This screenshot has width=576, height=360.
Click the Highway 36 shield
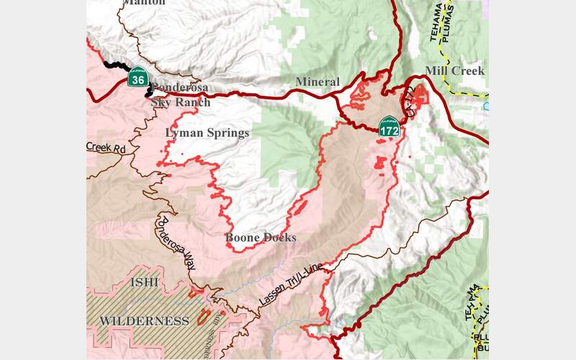pos(138,77)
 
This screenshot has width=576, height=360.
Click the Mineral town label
pos(318,82)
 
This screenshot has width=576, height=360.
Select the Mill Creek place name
pos(454,71)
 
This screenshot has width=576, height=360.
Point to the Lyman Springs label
pos(207,132)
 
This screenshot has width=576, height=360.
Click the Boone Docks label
pos(260,238)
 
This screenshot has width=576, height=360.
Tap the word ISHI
pos(143,283)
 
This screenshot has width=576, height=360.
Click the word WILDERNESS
pos(144,320)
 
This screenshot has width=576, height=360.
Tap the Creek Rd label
pos(105,148)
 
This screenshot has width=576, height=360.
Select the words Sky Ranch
pos(181,102)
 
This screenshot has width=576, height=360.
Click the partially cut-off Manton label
pos(144,3)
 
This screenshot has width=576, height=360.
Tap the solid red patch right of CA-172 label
pos(420,95)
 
